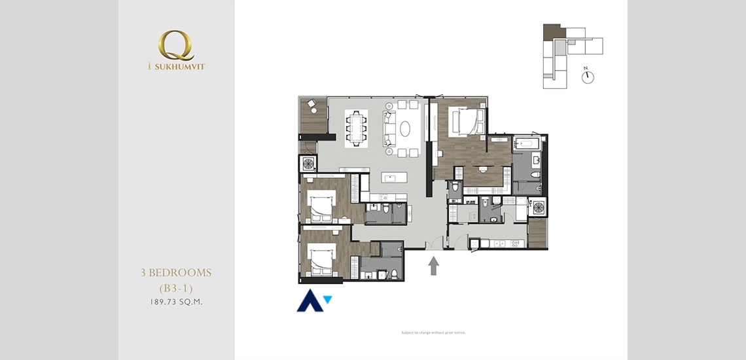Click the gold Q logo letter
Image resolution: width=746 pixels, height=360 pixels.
[175, 46]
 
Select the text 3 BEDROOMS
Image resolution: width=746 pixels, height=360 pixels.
[176, 273]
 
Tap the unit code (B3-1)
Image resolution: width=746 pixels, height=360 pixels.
[176, 287]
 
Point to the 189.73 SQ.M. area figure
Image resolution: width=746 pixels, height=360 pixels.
[176, 302]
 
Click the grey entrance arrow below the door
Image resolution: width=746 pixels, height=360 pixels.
[433, 266]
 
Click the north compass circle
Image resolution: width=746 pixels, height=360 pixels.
[588, 77]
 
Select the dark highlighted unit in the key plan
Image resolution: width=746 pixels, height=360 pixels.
[552, 31]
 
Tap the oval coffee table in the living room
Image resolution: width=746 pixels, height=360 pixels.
[405, 129]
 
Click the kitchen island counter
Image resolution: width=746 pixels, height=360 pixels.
[395, 177]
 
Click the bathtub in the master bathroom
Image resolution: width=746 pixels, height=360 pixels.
[525, 142]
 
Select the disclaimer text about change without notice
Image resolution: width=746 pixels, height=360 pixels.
[433, 333]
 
